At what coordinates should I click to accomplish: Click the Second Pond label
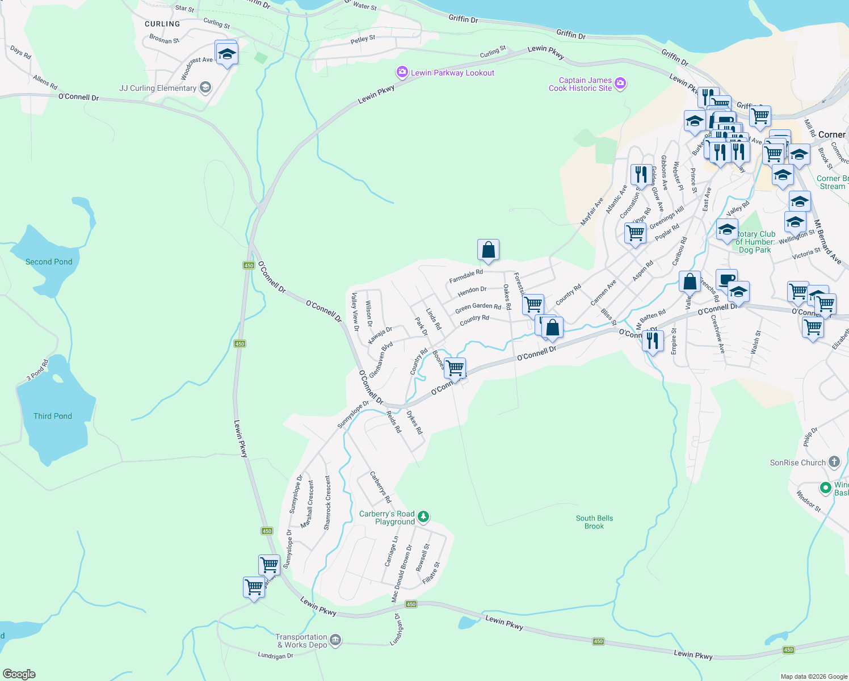tap(49, 262)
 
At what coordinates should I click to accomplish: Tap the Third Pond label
tap(53, 416)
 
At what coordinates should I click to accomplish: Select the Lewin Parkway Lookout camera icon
tap(402, 72)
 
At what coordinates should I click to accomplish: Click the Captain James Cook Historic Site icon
tap(620, 84)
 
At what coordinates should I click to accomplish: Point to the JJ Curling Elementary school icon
tap(205, 87)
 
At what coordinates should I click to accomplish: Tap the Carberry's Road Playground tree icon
tap(423, 516)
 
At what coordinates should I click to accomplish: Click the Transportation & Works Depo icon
tap(335, 641)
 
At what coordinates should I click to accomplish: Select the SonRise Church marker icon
tap(834, 461)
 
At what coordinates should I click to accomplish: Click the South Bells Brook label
tap(594, 522)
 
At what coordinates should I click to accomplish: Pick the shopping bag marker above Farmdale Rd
tap(488, 250)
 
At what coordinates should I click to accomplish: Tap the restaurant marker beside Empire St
tap(653, 340)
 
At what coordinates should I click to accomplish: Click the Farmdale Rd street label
tap(466, 276)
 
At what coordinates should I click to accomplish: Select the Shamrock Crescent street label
tap(327, 503)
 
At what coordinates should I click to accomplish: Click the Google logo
tap(19, 674)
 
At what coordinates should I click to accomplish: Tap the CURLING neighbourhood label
tap(162, 24)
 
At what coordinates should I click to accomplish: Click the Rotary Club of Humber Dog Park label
tap(755, 242)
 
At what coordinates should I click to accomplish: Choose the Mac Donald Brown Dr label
tap(401, 573)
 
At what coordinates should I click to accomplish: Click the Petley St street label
tap(363, 40)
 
